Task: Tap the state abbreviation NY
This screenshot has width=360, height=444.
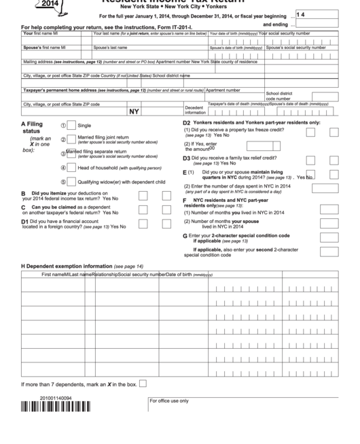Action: [x=134, y=111]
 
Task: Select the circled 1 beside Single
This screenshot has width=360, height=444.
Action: [x=64, y=126]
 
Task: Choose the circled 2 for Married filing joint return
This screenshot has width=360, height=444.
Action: [x=64, y=138]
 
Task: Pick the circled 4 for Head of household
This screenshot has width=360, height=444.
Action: [x=64, y=167]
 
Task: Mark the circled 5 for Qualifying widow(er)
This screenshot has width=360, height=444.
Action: [x=64, y=182]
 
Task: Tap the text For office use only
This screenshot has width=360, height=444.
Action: [x=169, y=400]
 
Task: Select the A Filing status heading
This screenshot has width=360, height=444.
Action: [x=32, y=129]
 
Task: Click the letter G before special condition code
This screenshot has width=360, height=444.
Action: [x=185, y=235]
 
